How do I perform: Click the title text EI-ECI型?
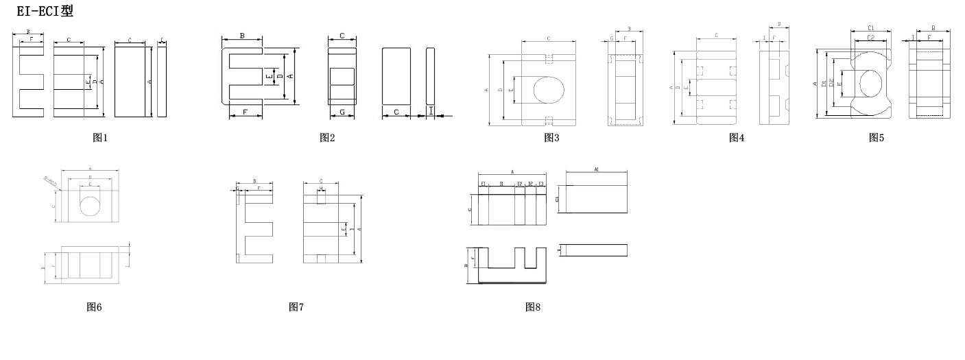pos(45,11)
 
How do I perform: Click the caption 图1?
pos(100,138)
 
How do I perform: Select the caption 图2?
pos(327,138)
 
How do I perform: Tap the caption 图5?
pos(877,138)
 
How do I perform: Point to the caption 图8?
pos(533,307)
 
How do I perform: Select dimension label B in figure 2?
pos(242,36)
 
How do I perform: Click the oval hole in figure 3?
pos(549,89)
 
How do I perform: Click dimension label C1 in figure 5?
pos(870,28)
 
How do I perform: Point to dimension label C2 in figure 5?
pos(870,38)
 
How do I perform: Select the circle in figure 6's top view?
pos(91,205)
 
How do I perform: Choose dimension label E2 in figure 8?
pos(520,184)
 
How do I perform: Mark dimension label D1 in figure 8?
pos(501,184)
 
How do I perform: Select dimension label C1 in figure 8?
pos(557,199)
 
